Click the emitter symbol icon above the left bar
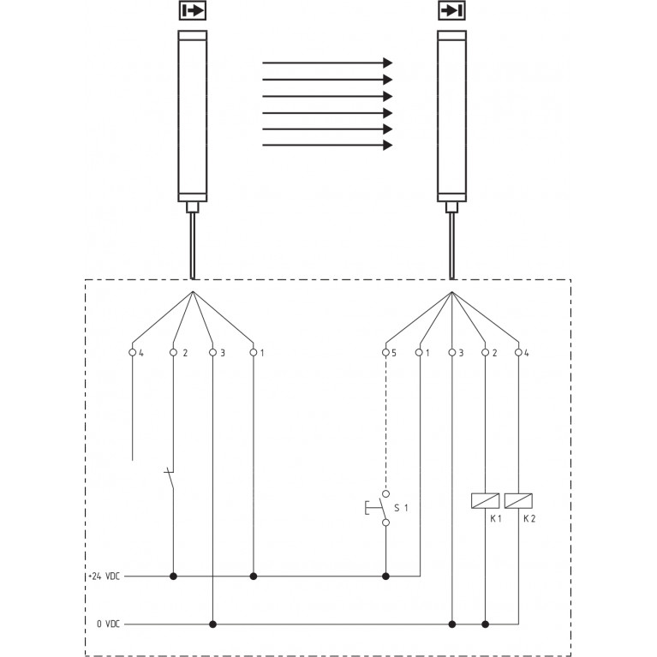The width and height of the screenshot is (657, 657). coord(193,11)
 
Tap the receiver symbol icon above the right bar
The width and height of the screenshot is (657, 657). coord(451,11)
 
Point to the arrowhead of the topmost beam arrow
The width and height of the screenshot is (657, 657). coord(387,63)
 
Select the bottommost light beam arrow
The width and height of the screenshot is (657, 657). coord(326,145)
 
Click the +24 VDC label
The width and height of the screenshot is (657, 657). coord(104,576)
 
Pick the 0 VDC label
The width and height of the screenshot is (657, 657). coord(108,624)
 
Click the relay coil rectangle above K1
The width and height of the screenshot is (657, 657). coord(486,500)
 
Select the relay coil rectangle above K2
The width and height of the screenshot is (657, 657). coord(518,500)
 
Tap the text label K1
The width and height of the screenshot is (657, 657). coord(494,520)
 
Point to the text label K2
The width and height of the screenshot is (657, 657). coord(529,520)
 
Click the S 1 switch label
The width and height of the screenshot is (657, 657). coord(401,508)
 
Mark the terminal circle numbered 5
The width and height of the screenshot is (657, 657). coord(385,352)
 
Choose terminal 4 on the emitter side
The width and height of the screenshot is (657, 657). coord(133,352)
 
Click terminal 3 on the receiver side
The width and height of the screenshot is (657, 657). coord(451,352)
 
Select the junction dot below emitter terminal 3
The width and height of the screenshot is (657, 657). coord(212,624)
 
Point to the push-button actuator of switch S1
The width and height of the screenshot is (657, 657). coord(368,508)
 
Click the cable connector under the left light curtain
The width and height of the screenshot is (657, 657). coord(193,206)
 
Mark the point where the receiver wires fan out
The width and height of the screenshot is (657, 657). coord(451,293)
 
